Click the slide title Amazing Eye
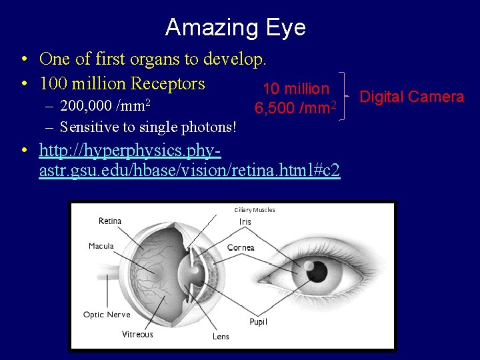tap(235, 27)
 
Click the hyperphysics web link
tap(189, 161)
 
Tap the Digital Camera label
tap(411, 97)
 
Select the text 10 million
tap(296, 89)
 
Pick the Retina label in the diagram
tap(110, 221)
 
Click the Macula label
tap(101, 246)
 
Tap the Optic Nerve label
tap(107, 314)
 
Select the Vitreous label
tap(137, 334)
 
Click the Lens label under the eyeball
tap(221, 337)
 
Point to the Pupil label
tap(258, 322)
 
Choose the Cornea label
tap(241, 247)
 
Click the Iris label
tap(245, 221)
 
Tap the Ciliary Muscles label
tap(254, 210)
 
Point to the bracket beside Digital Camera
tap(343, 97)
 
